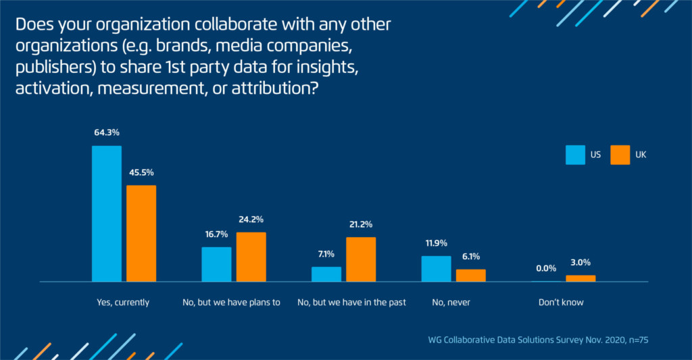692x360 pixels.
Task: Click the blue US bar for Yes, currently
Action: point(107,213)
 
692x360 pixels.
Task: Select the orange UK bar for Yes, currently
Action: point(141,233)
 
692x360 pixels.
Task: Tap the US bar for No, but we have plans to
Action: point(216,264)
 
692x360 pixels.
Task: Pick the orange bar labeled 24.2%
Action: point(251,257)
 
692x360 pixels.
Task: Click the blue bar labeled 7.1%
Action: point(326,274)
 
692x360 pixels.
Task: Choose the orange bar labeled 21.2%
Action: point(361,259)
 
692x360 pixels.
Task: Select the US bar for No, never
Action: point(436,268)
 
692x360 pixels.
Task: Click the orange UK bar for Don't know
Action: point(580,278)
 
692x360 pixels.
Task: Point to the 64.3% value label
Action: point(107,133)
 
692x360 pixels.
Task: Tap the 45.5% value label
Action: point(141,173)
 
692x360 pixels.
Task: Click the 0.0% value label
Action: point(546,269)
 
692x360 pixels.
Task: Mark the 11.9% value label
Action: point(436,243)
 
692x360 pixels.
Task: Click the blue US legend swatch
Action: point(575,155)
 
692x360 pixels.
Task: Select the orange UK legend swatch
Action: point(620,155)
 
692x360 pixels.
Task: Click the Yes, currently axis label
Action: point(124,303)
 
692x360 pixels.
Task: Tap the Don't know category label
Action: point(562,303)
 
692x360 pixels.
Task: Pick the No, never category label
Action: point(451,303)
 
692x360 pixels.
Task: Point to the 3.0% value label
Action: point(580,263)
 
